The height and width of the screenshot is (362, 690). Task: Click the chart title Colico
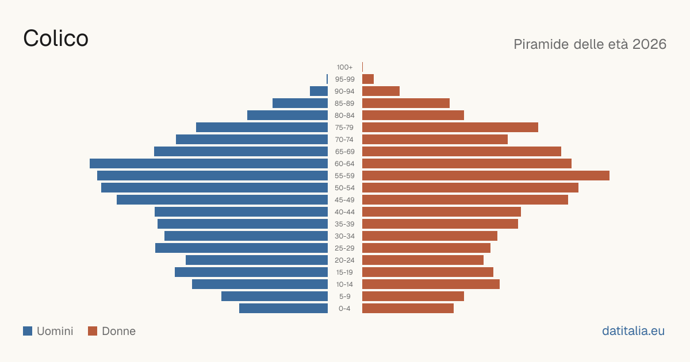56,38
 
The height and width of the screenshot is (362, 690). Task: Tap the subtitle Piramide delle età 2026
590,44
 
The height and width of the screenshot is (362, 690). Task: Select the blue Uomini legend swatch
28,331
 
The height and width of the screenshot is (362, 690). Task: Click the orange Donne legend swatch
93,331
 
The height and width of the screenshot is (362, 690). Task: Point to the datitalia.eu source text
633,331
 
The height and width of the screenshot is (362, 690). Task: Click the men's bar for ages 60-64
209,163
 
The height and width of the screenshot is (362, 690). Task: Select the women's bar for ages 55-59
486,175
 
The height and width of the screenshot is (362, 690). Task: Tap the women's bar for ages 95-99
368,79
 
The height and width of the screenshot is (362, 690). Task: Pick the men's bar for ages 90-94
319,91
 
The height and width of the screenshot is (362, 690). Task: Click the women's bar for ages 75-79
450,128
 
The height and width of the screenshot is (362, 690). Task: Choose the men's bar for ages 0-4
283,309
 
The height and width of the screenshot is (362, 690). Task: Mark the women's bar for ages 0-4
408,309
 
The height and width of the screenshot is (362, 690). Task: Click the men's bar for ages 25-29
241,248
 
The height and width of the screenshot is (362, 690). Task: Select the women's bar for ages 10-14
431,284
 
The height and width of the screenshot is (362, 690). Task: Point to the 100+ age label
344,67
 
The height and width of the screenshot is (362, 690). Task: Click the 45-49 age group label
344,200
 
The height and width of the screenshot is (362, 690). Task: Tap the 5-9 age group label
344,296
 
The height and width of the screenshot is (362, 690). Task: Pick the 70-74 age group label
344,140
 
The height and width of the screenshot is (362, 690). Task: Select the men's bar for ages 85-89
300,103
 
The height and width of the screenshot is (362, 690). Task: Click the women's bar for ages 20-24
423,260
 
